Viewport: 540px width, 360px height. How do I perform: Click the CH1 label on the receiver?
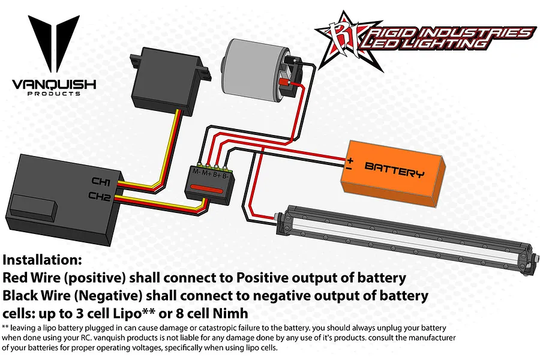101,182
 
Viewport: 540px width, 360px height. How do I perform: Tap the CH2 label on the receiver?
100,197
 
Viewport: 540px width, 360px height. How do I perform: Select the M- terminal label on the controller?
196,172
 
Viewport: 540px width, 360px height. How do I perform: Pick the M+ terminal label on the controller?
206,173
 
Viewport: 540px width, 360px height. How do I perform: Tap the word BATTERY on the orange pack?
394,170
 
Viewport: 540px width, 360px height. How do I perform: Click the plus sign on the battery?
350,160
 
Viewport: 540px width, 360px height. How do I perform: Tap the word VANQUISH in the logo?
54,85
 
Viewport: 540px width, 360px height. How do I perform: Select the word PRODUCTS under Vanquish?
54,94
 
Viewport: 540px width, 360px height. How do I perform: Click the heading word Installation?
43,260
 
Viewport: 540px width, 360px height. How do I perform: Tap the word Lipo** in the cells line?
132,313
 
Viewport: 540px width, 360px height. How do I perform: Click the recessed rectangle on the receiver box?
34,209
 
